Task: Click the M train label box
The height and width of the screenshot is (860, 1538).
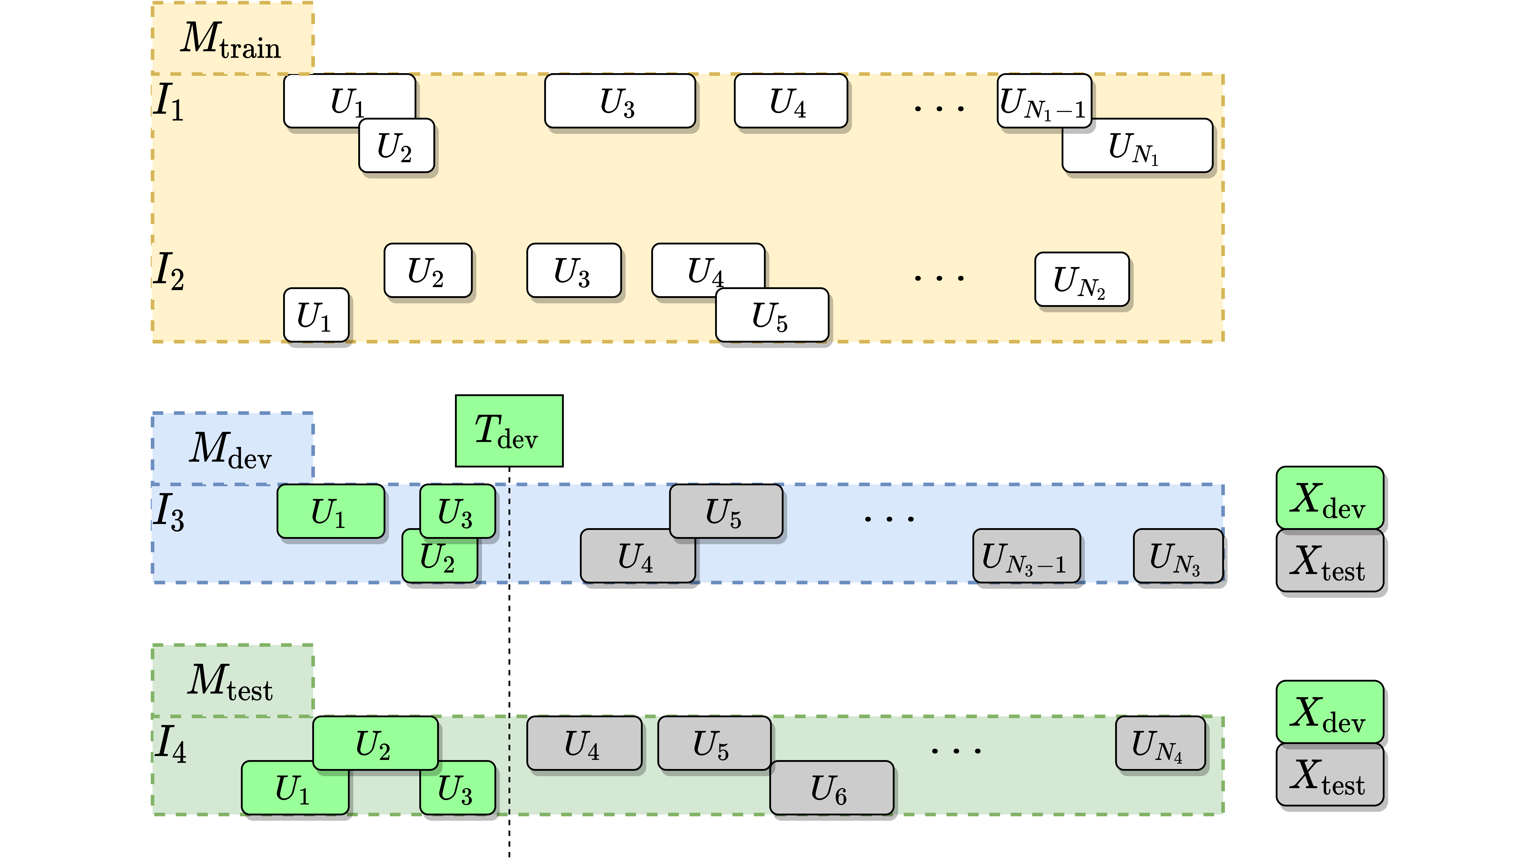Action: pos(232,39)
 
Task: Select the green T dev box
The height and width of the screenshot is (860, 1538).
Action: pos(509,431)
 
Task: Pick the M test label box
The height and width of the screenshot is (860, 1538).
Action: pos(232,680)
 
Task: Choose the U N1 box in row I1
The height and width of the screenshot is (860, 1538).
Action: pos(1137,146)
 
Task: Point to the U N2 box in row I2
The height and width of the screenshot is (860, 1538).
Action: pos(1081,279)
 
